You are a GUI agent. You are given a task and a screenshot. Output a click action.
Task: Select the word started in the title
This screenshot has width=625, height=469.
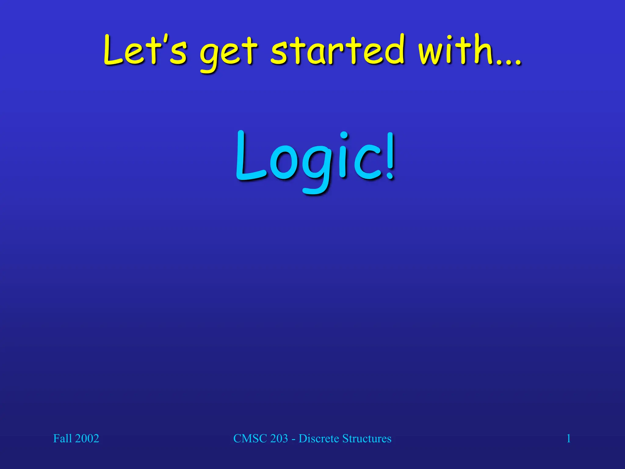(337, 50)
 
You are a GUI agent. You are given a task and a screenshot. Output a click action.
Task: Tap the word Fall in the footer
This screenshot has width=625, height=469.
(62, 438)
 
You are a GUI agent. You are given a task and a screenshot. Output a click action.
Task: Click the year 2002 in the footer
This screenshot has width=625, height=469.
(87, 438)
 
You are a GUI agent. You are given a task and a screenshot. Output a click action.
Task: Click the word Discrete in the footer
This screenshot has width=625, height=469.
(319, 438)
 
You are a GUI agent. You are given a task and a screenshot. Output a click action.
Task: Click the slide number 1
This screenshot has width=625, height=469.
(569, 438)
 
